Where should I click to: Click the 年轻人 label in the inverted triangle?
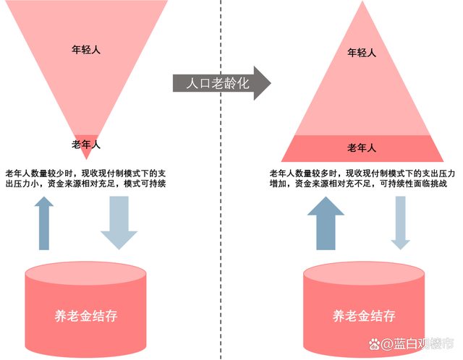[x=86, y=50]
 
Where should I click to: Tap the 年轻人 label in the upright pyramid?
[x=362, y=53]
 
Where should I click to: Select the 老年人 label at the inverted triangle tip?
[x=86, y=145]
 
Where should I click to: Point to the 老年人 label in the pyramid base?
[x=362, y=147]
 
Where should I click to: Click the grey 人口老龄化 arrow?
[x=221, y=83]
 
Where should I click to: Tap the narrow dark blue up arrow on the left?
[x=44, y=223]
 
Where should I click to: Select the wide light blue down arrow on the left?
[x=119, y=223]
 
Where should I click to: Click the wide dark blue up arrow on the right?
[x=326, y=223]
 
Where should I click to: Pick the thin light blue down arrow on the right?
[x=400, y=223]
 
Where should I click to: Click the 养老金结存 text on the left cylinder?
[x=86, y=316]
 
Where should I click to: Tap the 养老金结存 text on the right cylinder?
[x=364, y=316]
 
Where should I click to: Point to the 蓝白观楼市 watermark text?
[x=424, y=344]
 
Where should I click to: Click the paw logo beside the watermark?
[x=375, y=344]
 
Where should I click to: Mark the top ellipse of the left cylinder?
[x=85, y=273]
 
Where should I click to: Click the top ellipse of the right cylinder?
[x=364, y=273]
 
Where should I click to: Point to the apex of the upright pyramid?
[x=362, y=1]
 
